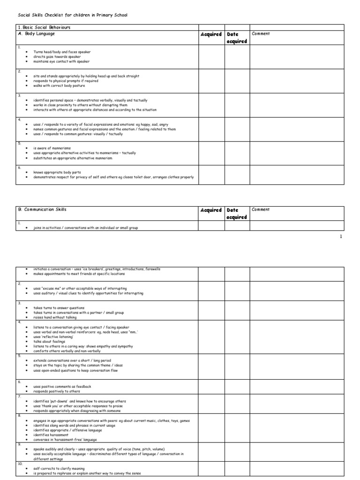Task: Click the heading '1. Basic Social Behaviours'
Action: point(44,28)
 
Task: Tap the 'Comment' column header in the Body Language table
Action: point(261,34)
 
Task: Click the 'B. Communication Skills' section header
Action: point(45,210)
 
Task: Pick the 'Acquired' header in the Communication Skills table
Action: point(211,210)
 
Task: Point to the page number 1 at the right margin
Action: point(341,237)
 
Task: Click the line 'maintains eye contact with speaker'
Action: point(61,61)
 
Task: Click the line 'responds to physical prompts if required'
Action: point(66,81)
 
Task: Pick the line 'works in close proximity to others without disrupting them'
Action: point(80,105)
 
